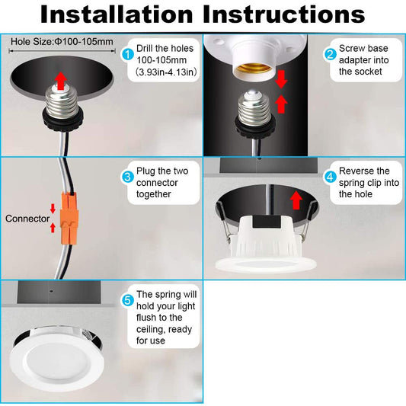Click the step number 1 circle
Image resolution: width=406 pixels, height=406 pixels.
tap(128, 54)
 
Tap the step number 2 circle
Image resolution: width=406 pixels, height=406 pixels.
tap(330, 54)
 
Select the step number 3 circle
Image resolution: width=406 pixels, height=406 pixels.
tap(128, 177)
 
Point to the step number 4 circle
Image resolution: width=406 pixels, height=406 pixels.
tap(330, 177)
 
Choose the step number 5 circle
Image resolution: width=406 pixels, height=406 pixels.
tap(128, 301)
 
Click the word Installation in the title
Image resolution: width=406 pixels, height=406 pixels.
tap(117, 14)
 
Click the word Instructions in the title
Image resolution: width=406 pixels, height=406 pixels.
tap(284, 14)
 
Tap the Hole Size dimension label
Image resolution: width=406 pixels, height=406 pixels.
tap(62, 42)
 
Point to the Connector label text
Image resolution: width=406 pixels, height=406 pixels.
tap(27, 219)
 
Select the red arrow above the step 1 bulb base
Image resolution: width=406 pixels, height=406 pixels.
tap(61, 81)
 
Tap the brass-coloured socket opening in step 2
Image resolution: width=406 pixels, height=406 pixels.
tap(254, 68)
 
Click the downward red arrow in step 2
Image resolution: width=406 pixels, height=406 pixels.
tap(281, 79)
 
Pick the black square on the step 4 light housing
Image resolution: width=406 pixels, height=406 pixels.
tap(267, 222)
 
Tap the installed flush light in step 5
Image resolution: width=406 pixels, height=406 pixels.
tap(57, 359)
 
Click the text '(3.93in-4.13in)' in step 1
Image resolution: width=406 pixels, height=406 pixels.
tap(166, 72)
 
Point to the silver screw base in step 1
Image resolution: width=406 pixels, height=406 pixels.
tap(62, 102)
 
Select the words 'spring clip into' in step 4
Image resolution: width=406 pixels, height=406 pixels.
tap(369, 183)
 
